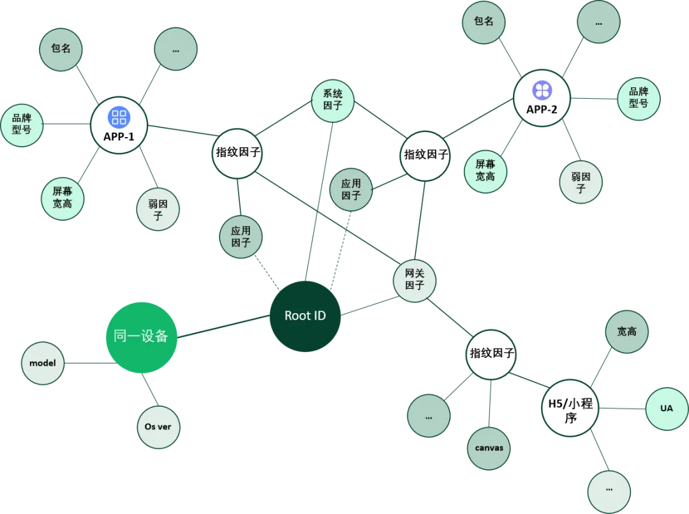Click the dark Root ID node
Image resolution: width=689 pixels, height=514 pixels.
click(x=305, y=316)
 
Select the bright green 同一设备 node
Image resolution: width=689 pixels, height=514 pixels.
click(x=141, y=337)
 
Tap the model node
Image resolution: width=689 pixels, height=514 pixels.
click(x=43, y=363)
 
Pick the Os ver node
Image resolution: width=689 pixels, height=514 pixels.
click(x=158, y=427)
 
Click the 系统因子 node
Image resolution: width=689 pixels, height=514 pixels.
click(x=333, y=100)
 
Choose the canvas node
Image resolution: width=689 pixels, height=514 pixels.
click(x=489, y=448)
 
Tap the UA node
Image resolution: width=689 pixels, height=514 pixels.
click(x=667, y=408)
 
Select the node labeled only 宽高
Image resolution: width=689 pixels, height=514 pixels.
click(x=626, y=332)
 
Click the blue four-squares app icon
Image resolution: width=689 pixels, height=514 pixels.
click(x=119, y=117)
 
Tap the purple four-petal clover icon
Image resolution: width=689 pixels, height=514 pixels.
click(x=542, y=90)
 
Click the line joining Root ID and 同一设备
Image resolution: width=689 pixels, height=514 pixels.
click(x=223, y=327)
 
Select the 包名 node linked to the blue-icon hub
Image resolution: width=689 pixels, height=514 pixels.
click(x=61, y=49)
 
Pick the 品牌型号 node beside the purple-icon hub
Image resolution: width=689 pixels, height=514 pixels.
click(x=638, y=99)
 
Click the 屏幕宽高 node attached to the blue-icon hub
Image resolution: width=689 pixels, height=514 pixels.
click(x=63, y=198)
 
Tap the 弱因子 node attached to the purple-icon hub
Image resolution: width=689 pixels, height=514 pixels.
click(x=581, y=182)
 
